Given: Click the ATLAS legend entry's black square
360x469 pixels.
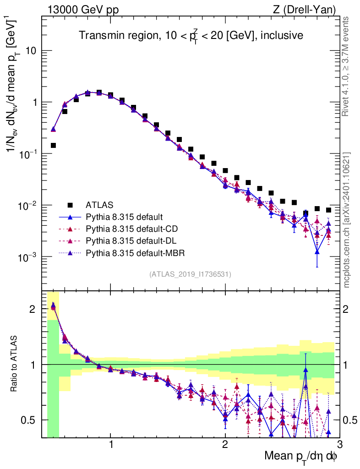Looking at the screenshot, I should click(71, 204).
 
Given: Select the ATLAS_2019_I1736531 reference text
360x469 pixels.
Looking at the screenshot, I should click(190, 274).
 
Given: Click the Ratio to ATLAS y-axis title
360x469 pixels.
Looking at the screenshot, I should click(16, 364).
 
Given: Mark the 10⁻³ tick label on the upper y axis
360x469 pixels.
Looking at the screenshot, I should click(28, 257).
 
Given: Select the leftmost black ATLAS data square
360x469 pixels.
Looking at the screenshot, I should click(53, 146).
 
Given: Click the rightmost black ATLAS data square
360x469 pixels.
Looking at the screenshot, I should click(328, 210).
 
